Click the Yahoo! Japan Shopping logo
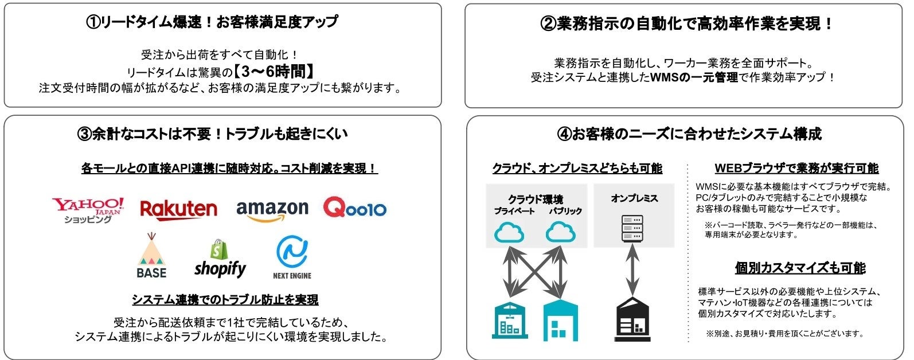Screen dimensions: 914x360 click(x=88, y=210)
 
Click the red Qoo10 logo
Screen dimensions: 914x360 click(x=355, y=208)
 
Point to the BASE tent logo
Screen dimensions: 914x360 click(x=151, y=256)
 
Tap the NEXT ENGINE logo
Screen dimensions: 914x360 click(x=292, y=258)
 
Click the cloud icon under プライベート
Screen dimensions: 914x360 click(x=509, y=232)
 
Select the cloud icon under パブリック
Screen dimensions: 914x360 click(x=560, y=232)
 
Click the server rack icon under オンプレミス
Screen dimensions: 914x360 click(x=632, y=228)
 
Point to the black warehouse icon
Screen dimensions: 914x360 click(x=632, y=319)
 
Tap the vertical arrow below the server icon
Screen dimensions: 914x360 click(x=632, y=270)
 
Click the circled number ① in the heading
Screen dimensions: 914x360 click(x=93, y=22)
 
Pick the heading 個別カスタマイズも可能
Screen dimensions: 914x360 click(x=800, y=268)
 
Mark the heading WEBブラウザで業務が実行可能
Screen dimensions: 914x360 click(x=796, y=168)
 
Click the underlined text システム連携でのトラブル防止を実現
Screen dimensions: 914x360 click(x=225, y=299)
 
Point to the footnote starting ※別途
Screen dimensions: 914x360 click(x=784, y=333)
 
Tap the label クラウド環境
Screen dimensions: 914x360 click(x=536, y=199)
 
